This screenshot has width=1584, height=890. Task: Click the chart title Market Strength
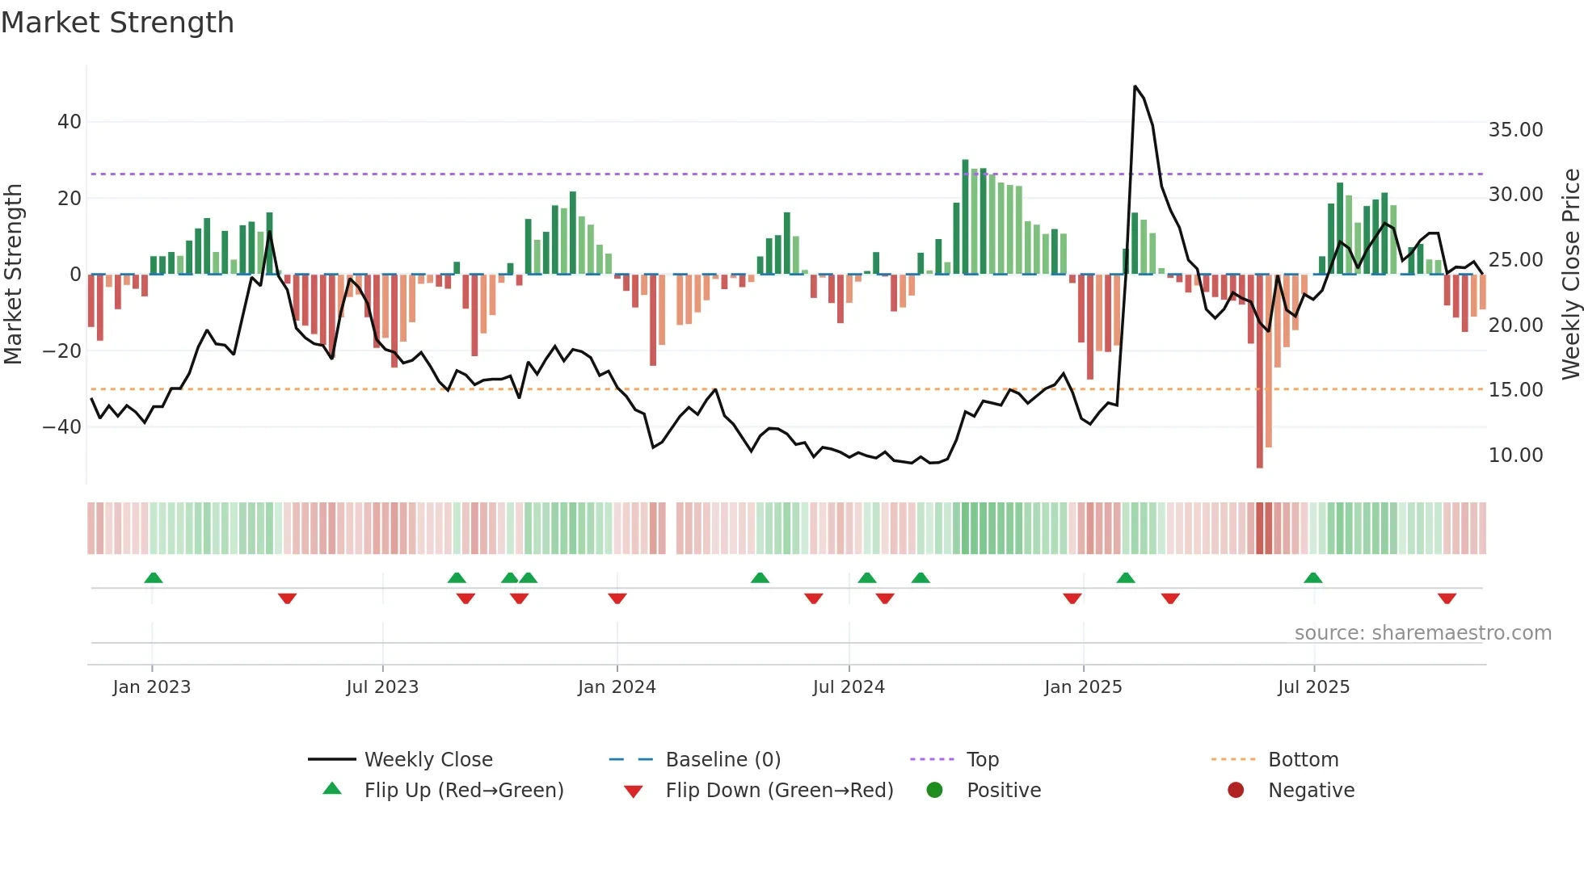pyautogui.click(x=117, y=23)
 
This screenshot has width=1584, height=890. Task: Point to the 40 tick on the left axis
pyautogui.click(x=70, y=122)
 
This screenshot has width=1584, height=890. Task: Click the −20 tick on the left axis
pyautogui.click(x=62, y=351)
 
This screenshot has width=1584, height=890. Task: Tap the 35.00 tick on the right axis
pyautogui.click(x=1515, y=130)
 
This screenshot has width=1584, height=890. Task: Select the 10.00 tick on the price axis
pyautogui.click(x=1515, y=455)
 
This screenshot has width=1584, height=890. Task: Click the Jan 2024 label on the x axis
pyautogui.click(x=617, y=687)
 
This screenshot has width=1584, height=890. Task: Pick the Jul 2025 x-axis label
pyautogui.click(x=1313, y=687)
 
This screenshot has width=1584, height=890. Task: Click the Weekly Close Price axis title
pyautogui.click(x=1570, y=275)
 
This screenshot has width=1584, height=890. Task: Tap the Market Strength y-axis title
pyautogui.click(x=14, y=275)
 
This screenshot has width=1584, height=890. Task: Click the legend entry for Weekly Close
pyautogui.click(x=428, y=760)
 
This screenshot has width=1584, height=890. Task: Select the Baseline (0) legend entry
pyautogui.click(x=722, y=760)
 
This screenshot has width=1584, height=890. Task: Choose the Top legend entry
pyautogui.click(x=983, y=760)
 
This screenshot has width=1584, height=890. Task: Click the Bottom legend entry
pyautogui.click(x=1303, y=760)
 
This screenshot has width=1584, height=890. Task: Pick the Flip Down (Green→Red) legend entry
pyautogui.click(x=779, y=791)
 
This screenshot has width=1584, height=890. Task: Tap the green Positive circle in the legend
pyautogui.click(x=935, y=791)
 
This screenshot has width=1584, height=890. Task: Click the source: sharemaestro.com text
pyautogui.click(x=1422, y=633)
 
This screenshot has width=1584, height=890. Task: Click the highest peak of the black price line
pyautogui.click(x=1135, y=86)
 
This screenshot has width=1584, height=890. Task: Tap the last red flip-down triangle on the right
pyautogui.click(x=1447, y=598)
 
